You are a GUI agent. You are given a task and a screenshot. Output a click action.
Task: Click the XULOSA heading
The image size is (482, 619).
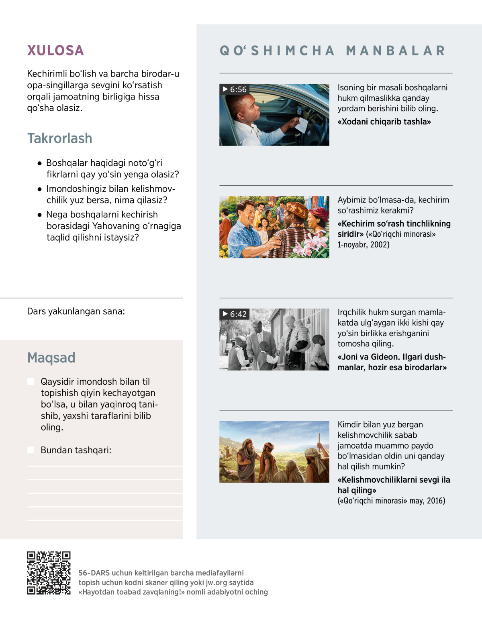(x=55, y=51)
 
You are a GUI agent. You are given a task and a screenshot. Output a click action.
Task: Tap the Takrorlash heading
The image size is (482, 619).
(x=59, y=138)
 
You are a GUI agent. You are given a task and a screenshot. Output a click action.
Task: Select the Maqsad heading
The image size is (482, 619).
(x=51, y=357)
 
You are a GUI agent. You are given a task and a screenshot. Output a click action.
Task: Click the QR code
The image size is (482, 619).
(x=49, y=573)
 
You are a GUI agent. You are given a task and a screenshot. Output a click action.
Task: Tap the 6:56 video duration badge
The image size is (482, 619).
(x=235, y=89)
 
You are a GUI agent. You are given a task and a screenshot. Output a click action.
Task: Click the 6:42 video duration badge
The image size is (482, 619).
(x=235, y=314)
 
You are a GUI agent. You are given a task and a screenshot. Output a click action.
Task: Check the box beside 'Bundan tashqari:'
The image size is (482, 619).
(x=31, y=450)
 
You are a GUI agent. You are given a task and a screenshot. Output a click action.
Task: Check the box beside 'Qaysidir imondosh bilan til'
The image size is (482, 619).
(x=31, y=382)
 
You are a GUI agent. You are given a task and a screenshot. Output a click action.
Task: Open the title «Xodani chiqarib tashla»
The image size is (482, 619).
(x=384, y=122)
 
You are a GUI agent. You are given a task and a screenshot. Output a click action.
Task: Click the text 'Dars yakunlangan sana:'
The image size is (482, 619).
(x=76, y=311)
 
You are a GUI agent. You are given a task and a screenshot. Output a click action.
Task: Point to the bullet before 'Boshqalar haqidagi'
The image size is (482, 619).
(x=39, y=163)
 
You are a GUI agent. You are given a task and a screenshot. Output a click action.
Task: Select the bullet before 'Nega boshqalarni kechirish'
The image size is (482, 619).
(x=39, y=215)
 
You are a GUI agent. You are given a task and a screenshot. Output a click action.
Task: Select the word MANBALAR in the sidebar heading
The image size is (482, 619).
(x=396, y=51)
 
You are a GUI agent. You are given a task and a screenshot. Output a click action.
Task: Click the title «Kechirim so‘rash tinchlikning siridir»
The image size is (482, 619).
(x=394, y=229)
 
